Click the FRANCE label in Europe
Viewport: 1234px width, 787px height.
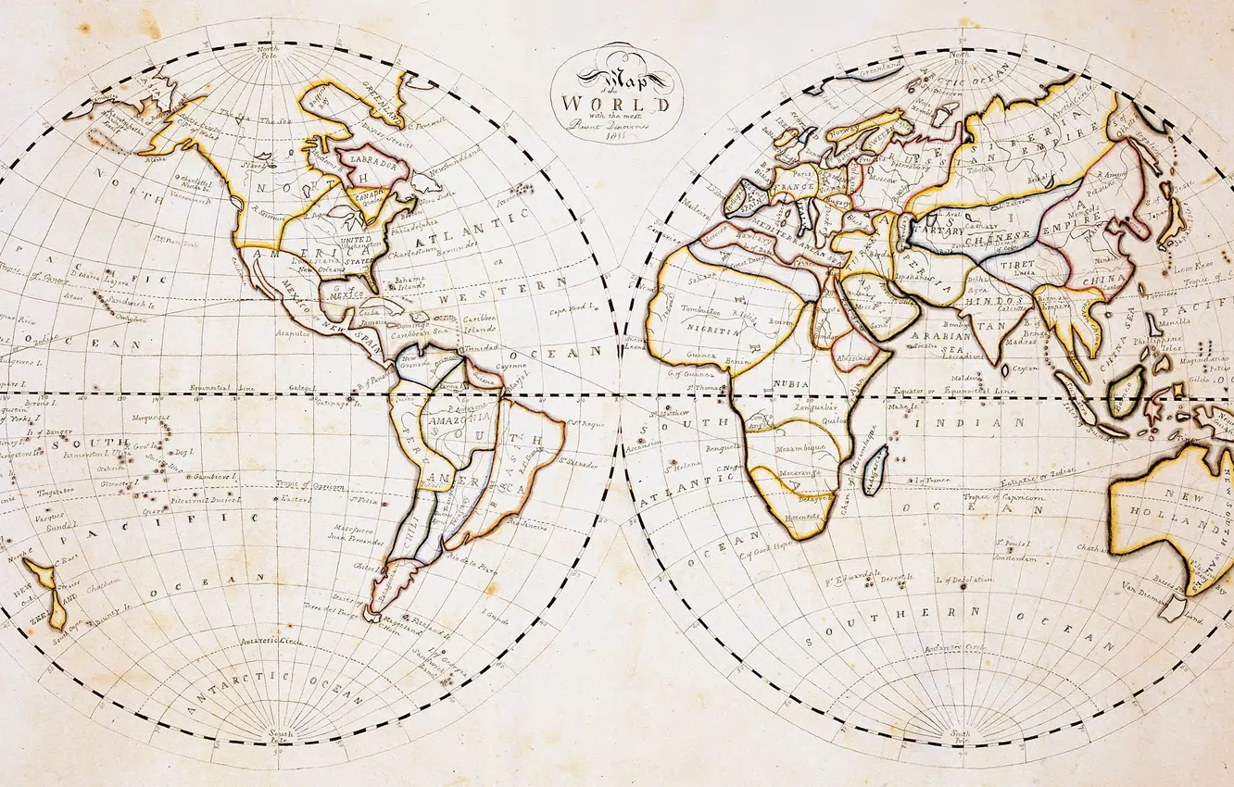tap(793, 186)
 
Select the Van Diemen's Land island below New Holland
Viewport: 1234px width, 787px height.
tap(1173, 607)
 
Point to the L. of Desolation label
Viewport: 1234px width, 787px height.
tap(963, 580)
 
